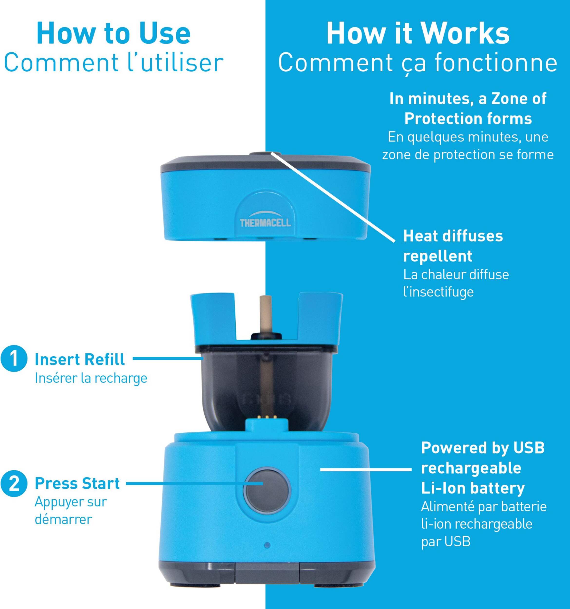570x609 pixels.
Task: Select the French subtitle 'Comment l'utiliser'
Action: tap(113, 63)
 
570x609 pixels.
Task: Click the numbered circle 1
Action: tap(14, 359)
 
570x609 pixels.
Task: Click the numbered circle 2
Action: tap(14, 484)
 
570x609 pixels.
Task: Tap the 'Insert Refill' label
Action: tap(80, 359)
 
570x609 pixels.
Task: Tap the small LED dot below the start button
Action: tap(267, 545)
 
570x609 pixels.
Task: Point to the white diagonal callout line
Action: tap(333, 197)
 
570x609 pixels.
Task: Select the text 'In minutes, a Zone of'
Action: tap(468, 99)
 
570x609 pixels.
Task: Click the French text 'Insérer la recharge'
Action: tap(91, 378)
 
